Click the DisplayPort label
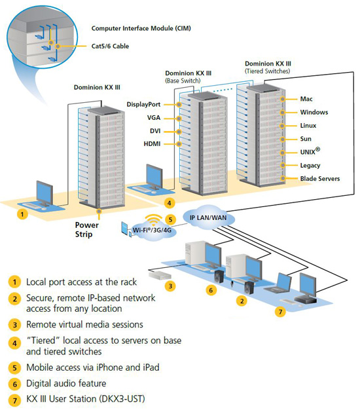[149, 104]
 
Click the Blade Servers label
[319, 178]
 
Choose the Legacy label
[310, 165]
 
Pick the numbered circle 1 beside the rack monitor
[23, 213]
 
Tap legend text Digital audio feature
[67, 384]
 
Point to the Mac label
[306, 99]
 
